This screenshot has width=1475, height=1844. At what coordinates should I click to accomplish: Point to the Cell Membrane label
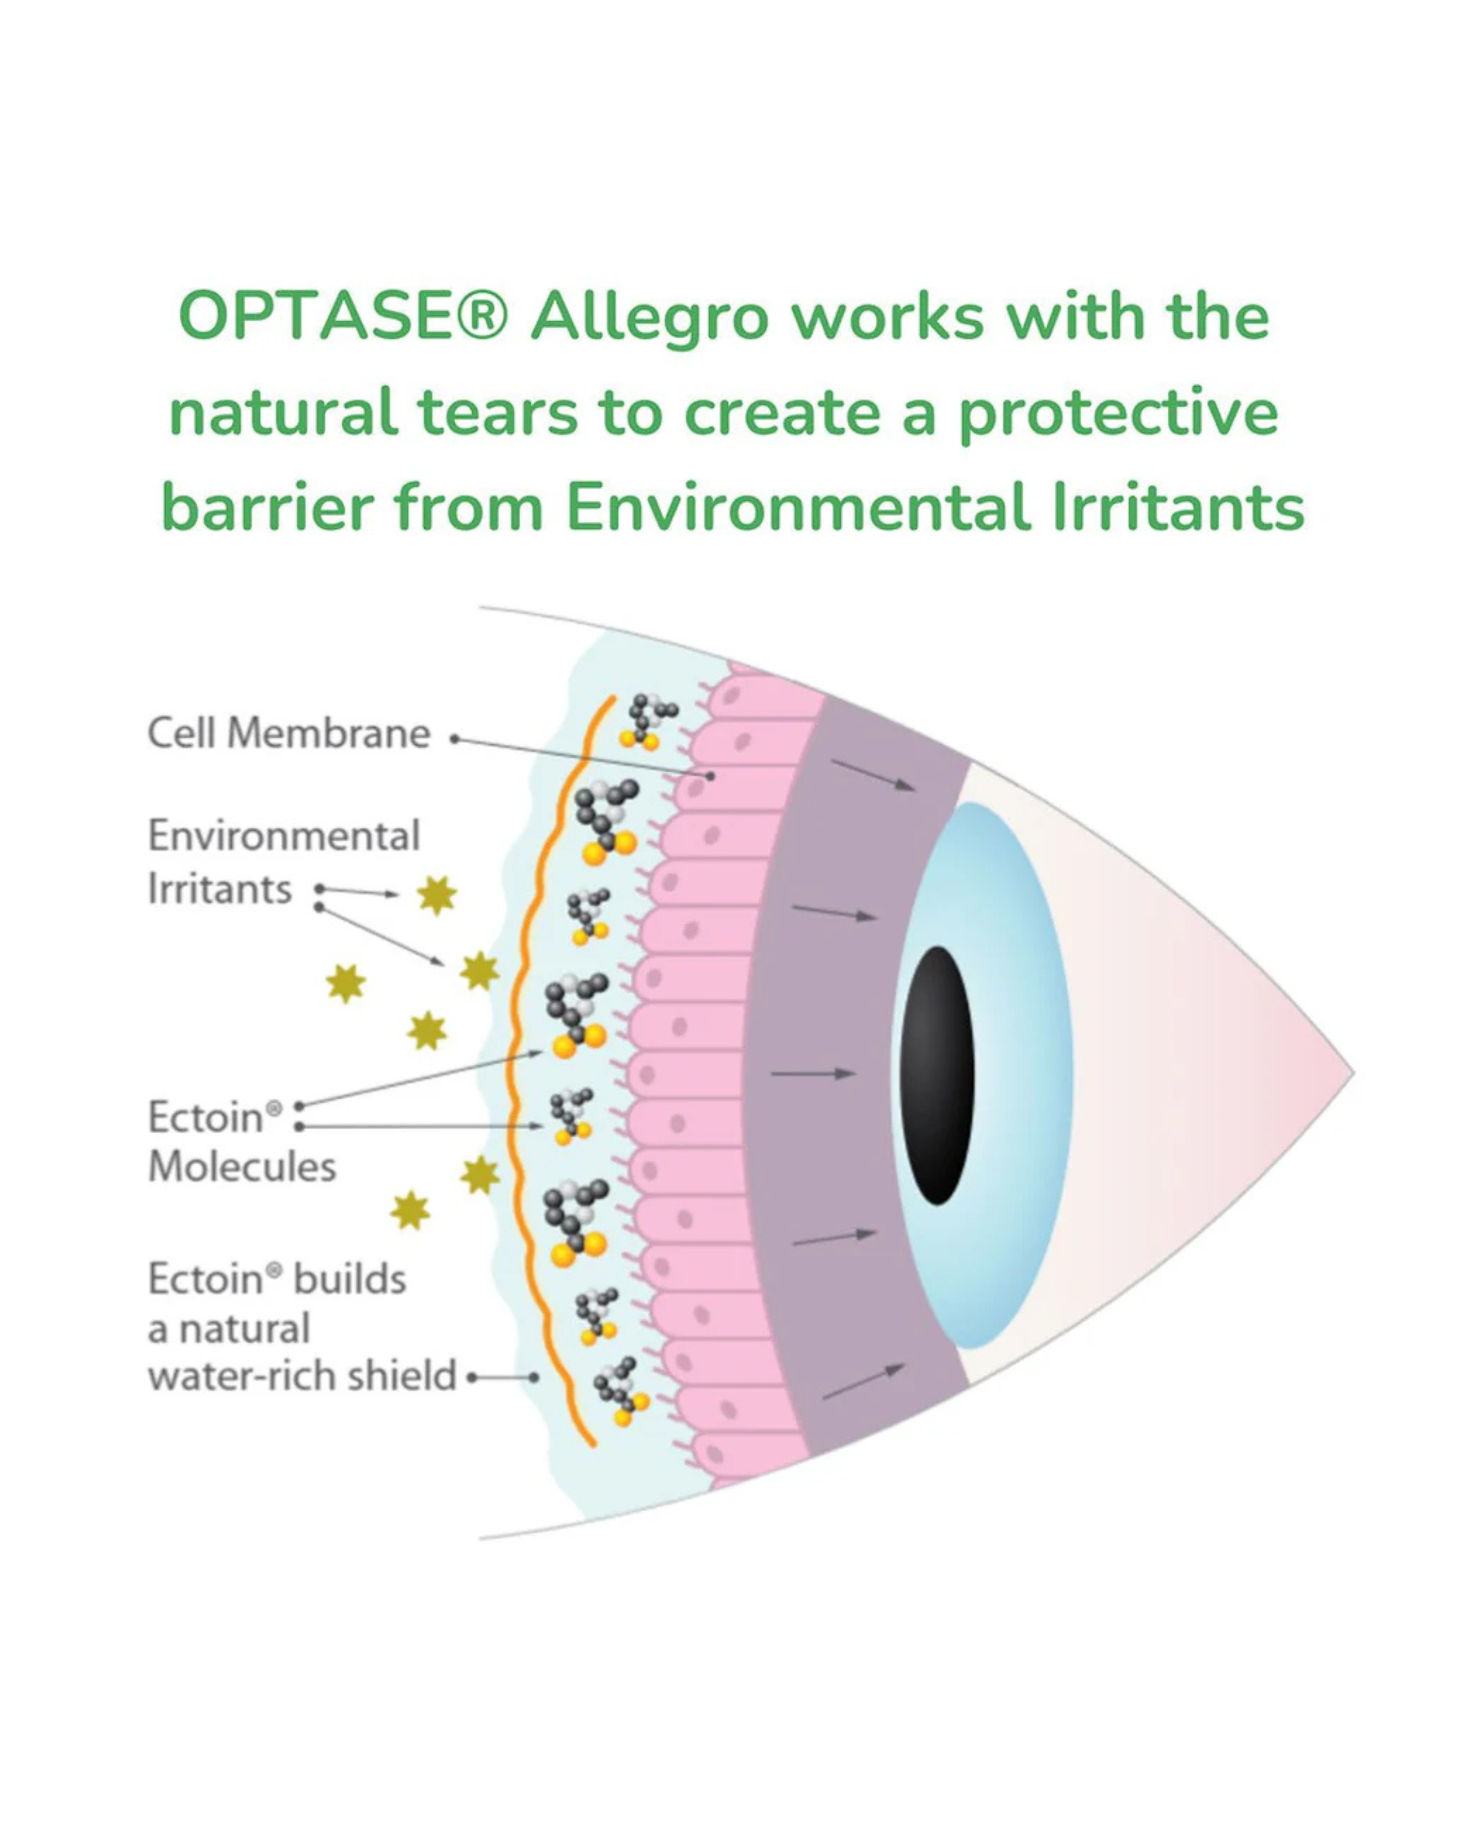pyautogui.click(x=288, y=734)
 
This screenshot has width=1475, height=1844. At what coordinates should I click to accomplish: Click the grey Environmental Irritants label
pyautogui.click(x=282, y=861)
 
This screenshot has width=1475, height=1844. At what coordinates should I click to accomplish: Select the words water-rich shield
pyautogui.click(x=302, y=1376)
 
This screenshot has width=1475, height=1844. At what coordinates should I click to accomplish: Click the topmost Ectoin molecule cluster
pyautogui.click(x=650, y=722)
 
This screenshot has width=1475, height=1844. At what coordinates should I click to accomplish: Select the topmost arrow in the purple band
pyautogui.click(x=872, y=776)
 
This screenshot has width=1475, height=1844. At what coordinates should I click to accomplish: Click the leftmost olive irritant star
pyautogui.click(x=345, y=983)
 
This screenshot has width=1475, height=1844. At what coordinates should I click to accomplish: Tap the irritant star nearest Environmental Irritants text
pyautogui.click(x=437, y=895)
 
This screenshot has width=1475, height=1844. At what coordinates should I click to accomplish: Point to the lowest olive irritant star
pyautogui.click(x=410, y=1210)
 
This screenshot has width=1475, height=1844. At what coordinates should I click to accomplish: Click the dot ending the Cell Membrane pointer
pyautogui.click(x=711, y=776)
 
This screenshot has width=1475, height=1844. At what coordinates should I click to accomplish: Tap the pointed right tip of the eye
pyautogui.click(x=1352, y=1072)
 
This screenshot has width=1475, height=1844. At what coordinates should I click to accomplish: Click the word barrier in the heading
pyautogui.click(x=267, y=509)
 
